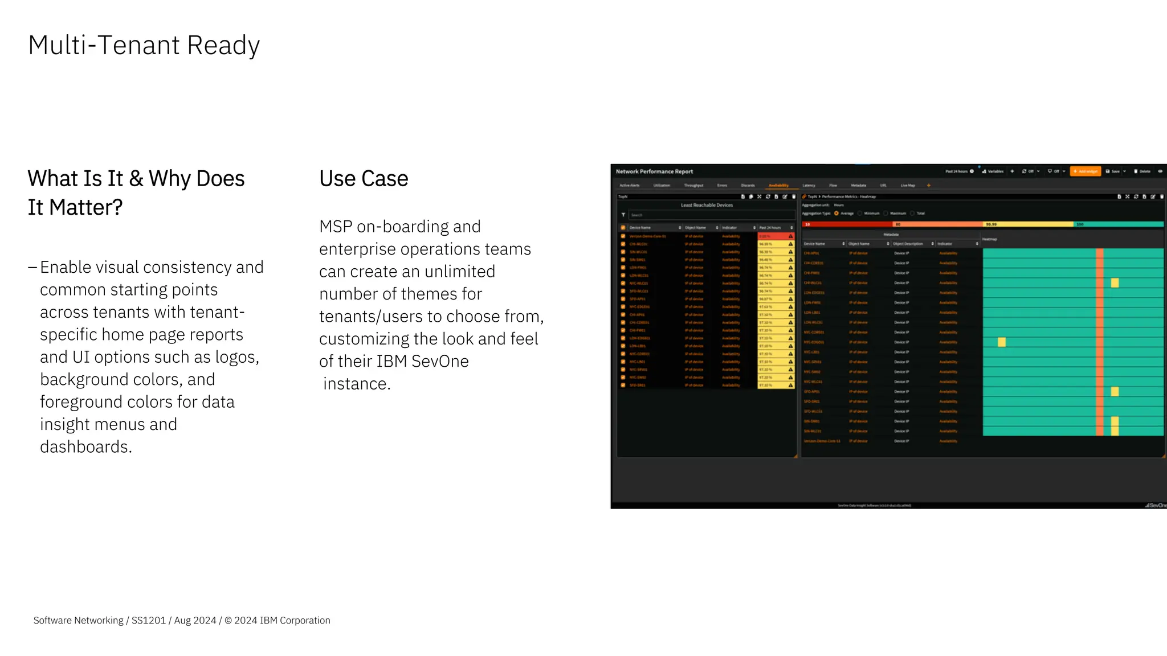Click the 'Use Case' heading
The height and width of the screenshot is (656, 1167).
pyautogui.click(x=364, y=179)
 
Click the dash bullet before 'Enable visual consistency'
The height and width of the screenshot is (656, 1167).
pyautogui.click(x=32, y=268)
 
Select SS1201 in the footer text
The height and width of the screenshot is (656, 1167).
pyautogui.click(x=148, y=620)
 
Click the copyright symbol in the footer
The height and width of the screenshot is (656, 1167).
pyautogui.click(x=228, y=620)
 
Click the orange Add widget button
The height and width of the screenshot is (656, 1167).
pyautogui.click(x=1086, y=171)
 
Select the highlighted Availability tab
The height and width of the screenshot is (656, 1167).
pyautogui.click(x=778, y=186)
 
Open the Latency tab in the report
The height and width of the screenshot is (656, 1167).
pyautogui.click(x=809, y=186)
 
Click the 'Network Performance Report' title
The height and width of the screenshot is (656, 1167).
pyautogui.click(x=654, y=171)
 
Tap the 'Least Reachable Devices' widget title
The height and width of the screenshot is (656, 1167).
pyautogui.click(x=707, y=205)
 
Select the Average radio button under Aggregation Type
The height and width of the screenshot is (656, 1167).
pyautogui.click(x=837, y=214)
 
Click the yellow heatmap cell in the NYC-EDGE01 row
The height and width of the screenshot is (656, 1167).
pyautogui.click(x=1002, y=342)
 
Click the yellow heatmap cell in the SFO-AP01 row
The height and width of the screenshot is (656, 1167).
pyautogui.click(x=1115, y=392)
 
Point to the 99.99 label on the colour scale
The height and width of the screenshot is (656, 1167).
pyautogui.click(x=991, y=224)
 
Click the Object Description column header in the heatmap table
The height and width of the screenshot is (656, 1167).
pyautogui.click(x=908, y=244)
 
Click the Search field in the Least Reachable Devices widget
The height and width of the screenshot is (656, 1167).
pyautogui.click(x=707, y=215)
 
